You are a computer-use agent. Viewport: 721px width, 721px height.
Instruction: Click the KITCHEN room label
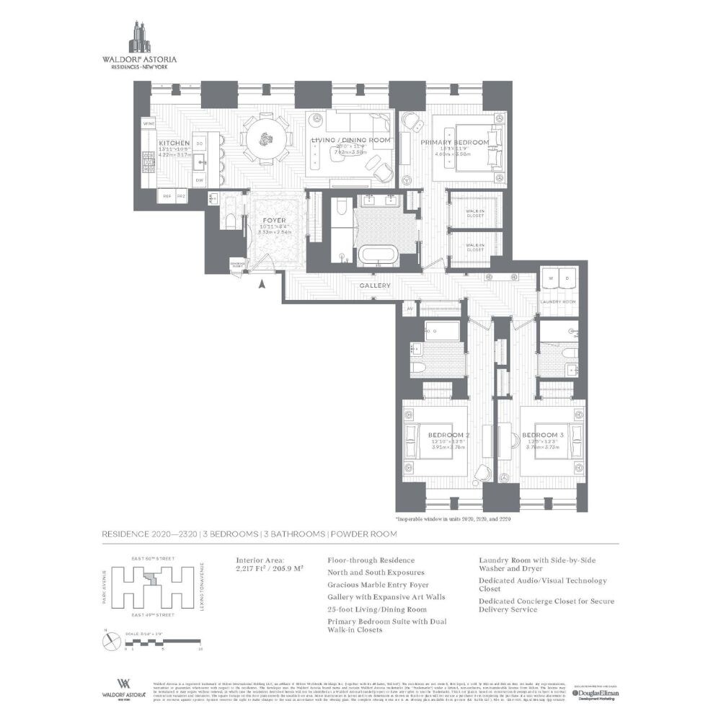(x=174, y=143)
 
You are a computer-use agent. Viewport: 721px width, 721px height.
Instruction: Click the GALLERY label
(x=376, y=286)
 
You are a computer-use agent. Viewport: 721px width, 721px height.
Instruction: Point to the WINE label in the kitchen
(x=149, y=124)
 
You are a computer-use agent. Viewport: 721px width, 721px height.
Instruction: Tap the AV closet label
(x=410, y=309)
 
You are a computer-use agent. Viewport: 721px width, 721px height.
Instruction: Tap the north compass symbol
(x=109, y=637)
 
